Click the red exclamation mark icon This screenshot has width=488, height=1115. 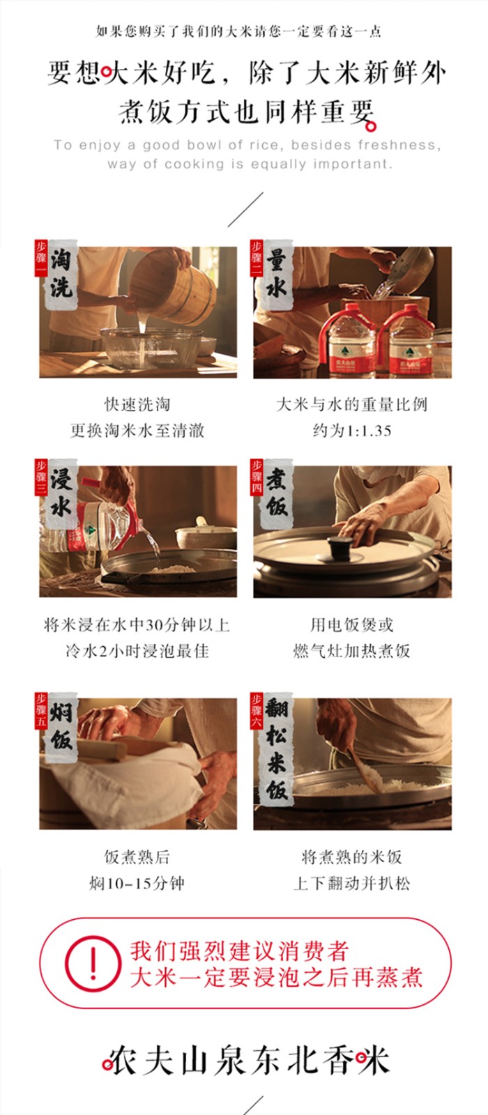pos(93,963)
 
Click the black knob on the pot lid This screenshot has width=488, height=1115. pos(341,543)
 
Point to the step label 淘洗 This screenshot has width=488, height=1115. pos(61,275)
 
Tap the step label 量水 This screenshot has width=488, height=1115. pos(276,275)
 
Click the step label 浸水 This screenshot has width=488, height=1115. pos(61,493)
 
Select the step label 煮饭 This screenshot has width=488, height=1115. pos(276,493)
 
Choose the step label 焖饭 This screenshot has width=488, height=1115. pos(61,726)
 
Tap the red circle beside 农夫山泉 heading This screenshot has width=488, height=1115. pos(107,1065)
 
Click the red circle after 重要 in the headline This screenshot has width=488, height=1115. pos(370,127)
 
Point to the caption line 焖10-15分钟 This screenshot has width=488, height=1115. pos(137,884)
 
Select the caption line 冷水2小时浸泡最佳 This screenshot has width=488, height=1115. pos(137,651)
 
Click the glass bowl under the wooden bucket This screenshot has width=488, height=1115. pos(151,348)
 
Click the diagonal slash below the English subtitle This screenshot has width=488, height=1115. pos(245,210)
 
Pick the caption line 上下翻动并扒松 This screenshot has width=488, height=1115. pos(352,884)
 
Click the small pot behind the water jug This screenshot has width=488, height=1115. pos(205,535)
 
